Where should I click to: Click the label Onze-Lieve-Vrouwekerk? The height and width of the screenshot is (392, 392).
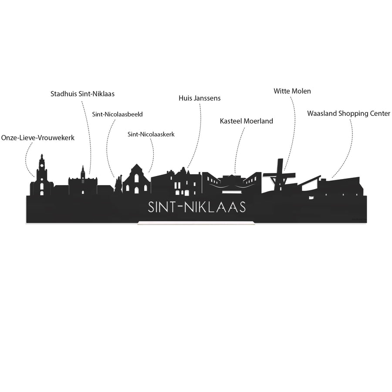point(38,138)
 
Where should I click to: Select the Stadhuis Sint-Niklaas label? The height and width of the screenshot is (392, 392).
point(82,94)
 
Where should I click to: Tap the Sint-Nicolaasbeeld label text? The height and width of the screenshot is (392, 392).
point(117,114)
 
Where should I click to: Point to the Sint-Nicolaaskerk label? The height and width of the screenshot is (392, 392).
point(151,134)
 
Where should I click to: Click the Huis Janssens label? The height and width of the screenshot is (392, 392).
point(199,98)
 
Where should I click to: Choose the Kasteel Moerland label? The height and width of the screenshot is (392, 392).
point(246,121)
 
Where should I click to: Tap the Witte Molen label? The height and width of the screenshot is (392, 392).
point(292,91)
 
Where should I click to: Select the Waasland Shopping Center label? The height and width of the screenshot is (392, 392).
point(348,114)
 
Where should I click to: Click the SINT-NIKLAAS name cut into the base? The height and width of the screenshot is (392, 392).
point(197,207)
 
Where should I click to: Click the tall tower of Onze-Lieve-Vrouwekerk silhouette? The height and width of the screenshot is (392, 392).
point(42,175)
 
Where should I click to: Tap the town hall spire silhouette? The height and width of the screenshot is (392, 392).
point(83,172)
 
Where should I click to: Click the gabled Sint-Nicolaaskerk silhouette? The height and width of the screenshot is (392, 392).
point(136,179)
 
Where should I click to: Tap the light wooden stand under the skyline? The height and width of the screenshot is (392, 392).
point(196,223)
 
